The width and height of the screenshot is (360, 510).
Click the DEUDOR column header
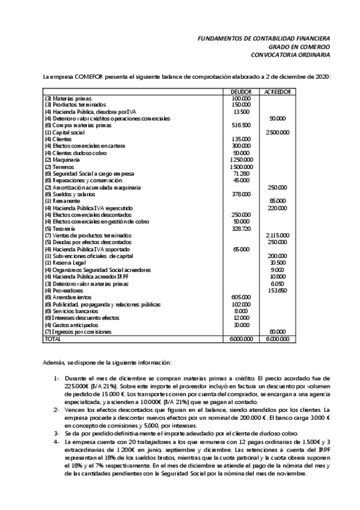click(241, 91)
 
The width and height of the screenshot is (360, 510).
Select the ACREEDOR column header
click(278, 91)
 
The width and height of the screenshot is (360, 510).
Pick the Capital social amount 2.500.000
click(277, 132)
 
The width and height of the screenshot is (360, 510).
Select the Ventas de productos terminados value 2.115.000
click(277, 235)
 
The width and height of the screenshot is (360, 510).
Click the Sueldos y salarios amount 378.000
click(242, 194)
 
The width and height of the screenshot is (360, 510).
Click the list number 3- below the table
click(55, 432)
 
